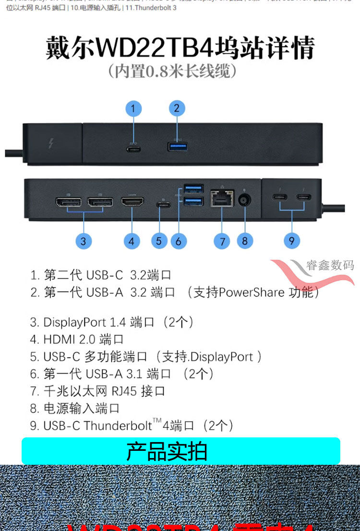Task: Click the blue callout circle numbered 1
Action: click(133, 109)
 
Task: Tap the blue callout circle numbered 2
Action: click(177, 108)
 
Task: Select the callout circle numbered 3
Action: click(83, 241)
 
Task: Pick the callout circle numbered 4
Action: click(132, 241)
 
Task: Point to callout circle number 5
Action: click(159, 241)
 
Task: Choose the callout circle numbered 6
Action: click(178, 241)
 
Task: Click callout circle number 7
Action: click(222, 241)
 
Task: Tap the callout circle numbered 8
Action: click(244, 241)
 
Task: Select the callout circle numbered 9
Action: click(291, 240)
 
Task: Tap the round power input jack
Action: click(245, 200)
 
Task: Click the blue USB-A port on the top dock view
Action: click(176, 145)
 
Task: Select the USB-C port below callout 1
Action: click(133, 148)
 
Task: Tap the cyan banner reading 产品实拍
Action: click(180, 451)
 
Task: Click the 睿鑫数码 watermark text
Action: click(330, 265)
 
